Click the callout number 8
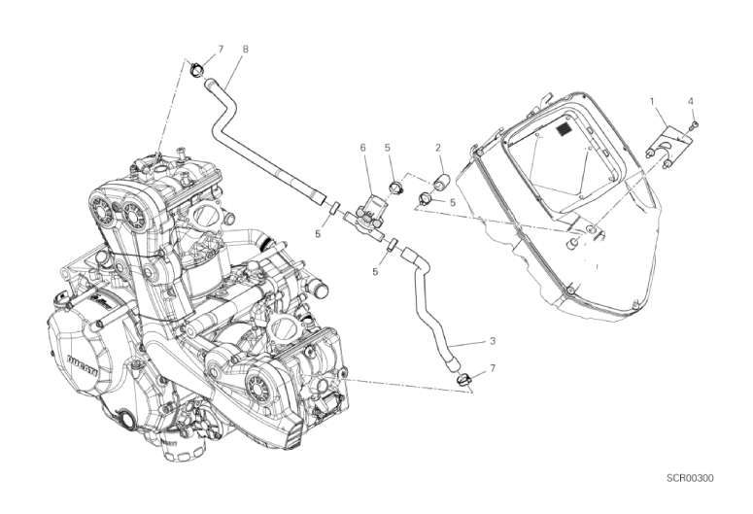(x=246, y=49)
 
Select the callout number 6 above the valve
(x=363, y=148)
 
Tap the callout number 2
(x=438, y=148)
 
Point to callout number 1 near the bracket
(x=652, y=101)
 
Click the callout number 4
(x=691, y=101)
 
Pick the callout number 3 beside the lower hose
(x=493, y=342)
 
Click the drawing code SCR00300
(x=690, y=478)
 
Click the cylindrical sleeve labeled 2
(x=440, y=184)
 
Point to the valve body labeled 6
(x=370, y=210)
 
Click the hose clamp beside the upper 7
(x=197, y=69)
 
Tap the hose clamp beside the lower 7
(x=463, y=379)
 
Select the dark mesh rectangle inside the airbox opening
(x=563, y=128)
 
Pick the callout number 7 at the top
(x=221, y=50)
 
